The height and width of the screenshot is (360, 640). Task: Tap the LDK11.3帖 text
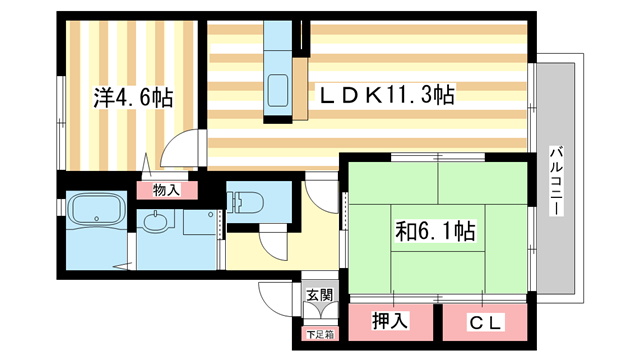[x=386, y=95]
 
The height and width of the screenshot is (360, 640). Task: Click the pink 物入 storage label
[x=166, y=188]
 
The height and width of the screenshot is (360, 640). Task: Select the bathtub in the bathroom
[x=95, y=211]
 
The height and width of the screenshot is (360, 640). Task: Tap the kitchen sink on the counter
[x=276, y=88]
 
